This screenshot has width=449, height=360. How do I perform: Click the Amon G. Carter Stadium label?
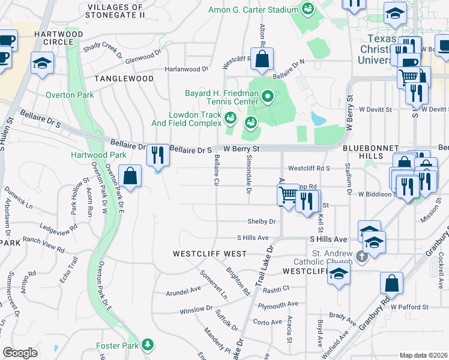click(253, 10)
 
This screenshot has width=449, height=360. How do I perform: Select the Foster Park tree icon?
click(147, 346)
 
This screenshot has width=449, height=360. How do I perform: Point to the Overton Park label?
click(69, 95)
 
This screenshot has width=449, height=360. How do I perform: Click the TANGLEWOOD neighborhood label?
click(124, 79)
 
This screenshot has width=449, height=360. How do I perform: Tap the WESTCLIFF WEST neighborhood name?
click(209, 254)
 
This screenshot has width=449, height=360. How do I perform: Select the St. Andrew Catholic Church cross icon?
click(361, 257)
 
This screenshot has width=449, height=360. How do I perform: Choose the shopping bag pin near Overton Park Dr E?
click(130, 176)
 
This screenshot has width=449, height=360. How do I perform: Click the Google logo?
click(20, 353)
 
